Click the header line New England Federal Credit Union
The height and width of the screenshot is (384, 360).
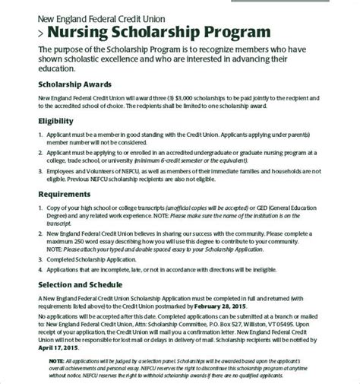(x=90, y=17)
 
